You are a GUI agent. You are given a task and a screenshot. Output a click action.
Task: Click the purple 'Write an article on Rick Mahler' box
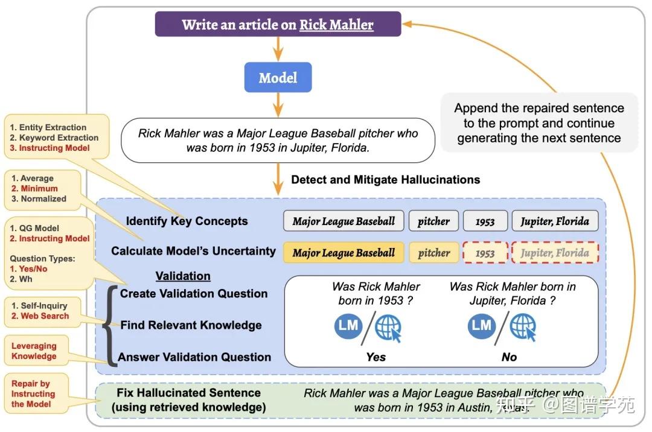coord(278,25)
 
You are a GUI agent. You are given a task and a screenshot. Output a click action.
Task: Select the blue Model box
coord(278,78)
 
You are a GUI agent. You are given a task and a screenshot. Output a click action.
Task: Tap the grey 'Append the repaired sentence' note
coord(539,123)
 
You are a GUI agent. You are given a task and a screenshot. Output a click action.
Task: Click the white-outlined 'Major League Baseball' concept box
coord(344,221)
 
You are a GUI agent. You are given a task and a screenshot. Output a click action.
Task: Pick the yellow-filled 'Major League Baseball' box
coord(344,253)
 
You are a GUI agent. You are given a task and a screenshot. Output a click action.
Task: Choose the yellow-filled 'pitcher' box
coord(433,253)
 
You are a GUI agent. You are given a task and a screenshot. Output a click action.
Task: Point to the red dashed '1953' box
coord(485,253)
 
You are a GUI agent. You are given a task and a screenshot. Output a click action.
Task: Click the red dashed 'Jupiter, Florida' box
coord(555,253)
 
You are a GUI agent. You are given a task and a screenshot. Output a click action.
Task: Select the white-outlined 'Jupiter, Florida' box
coord(555,221)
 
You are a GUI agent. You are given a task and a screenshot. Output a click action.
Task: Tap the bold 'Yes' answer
coord(376,357)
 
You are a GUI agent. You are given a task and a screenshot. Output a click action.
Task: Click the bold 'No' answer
coord(509,357)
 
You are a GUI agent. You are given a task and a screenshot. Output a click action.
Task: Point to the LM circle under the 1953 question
coord(348,326)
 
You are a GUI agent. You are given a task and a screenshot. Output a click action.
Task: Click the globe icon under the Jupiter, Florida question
coord(522,327)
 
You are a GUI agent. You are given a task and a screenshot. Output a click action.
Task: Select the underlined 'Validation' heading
coord(183,276)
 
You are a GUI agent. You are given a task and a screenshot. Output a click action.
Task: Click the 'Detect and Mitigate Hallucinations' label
coord(385,179)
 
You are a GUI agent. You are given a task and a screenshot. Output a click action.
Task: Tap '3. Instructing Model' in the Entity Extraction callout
coord(50,148)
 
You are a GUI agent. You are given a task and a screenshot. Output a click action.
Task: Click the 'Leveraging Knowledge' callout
coord(34,351)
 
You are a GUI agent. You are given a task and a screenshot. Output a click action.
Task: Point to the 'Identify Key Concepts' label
coord(187,221)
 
